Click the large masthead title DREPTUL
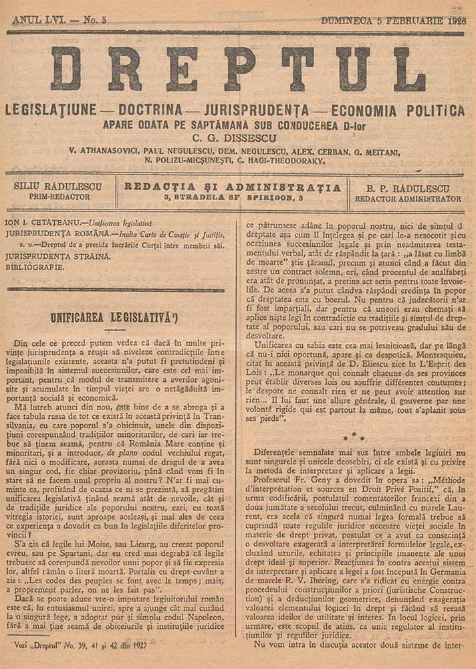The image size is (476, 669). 237,69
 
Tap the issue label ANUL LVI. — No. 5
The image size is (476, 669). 59,21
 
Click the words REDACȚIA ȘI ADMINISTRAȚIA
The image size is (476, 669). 233,187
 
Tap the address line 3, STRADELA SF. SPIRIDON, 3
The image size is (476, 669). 233,199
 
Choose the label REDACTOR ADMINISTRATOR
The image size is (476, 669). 408,199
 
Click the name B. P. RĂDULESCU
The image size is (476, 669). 408,188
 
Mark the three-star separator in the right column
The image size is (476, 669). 353,436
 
